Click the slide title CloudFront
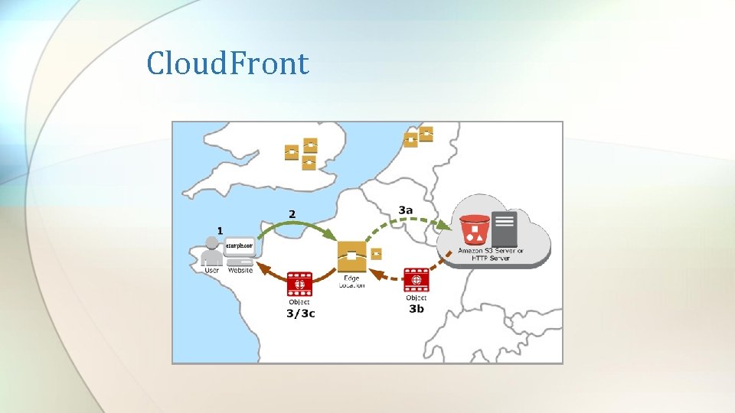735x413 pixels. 227,63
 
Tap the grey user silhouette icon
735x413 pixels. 211,254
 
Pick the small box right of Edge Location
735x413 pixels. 376,254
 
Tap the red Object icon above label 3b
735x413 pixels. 416,281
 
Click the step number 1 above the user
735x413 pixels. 220,229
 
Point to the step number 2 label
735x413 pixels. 292,213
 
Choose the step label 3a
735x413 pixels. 406,210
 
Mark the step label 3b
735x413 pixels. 416,309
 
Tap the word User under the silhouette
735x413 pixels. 212,270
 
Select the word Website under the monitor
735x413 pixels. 240,270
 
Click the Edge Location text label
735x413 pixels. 351,281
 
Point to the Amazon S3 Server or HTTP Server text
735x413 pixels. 491,253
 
